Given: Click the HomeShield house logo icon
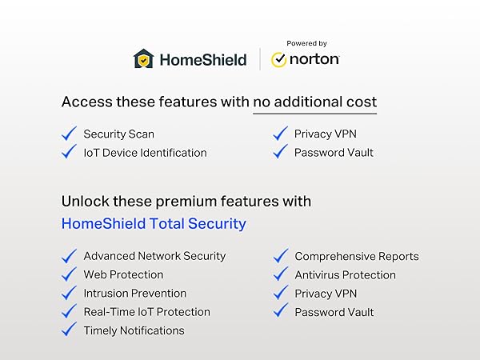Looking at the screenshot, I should [x=143, y=59].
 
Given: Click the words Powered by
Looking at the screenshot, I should [x=306, y=43].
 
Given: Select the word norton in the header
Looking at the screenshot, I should [x=315, y=60].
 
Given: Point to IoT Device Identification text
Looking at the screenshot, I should [x=145, y=153].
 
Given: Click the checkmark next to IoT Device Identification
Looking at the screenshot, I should [x=69, y=152].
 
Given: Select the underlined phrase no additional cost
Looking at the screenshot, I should [x=314, y=102].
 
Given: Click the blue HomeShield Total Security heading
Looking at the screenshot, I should [x=154, y=223].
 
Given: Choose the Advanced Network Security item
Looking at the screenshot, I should [x=154, y=256].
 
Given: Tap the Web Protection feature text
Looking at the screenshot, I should [x=123, y=274].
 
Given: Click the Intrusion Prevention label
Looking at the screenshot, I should [x=135, y=294].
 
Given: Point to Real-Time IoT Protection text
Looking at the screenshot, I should [x=146, y=312].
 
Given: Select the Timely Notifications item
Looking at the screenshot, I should [x=134, y=330].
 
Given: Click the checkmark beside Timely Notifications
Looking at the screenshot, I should [x=69, y=330].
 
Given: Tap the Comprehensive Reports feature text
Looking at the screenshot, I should [x=357, y=257].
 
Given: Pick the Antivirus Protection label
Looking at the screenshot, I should [x=345, y=275].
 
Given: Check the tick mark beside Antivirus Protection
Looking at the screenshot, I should [x=280, y=274].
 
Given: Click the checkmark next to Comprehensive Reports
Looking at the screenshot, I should [x=280, y=256].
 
